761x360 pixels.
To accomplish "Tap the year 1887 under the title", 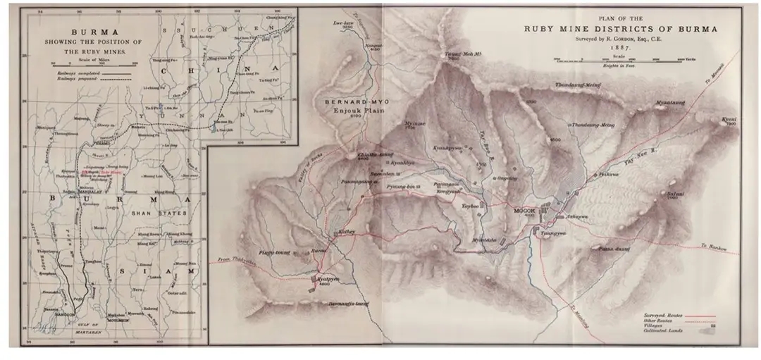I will pos(619,46).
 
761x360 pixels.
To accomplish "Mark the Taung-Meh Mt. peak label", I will pos(455,54).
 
